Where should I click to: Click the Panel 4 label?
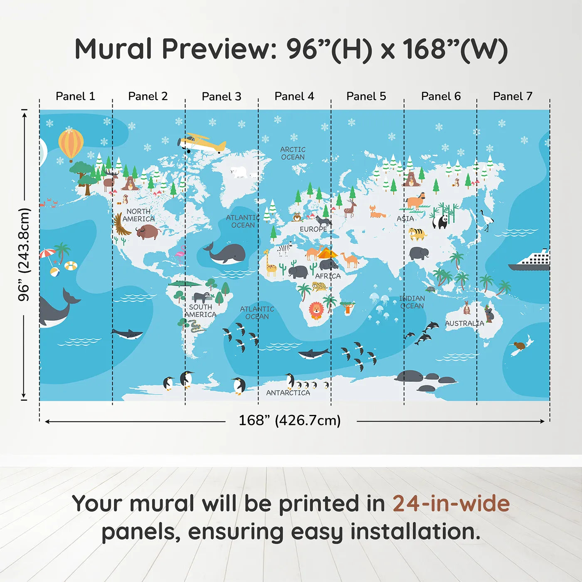coord(294,96)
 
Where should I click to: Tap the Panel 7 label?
coord(512,96)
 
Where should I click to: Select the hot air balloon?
coord(71,143)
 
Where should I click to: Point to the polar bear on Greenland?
coord(240,172)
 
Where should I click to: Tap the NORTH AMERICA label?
coord(138,215)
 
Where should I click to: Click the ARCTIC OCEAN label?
coord(293,153)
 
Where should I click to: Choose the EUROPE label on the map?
coord(313,229)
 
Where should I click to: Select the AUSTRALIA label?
coord(464,323)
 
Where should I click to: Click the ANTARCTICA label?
coord(288,393)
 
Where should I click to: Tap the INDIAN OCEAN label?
coord(412,302)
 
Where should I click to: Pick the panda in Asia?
coord(441,221)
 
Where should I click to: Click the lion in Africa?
coord(316,310)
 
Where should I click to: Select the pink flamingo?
coord(181,254)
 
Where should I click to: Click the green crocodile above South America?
coord(185,284)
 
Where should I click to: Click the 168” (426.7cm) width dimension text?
coord(290,421)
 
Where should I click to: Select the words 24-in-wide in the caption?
coord(451,504)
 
